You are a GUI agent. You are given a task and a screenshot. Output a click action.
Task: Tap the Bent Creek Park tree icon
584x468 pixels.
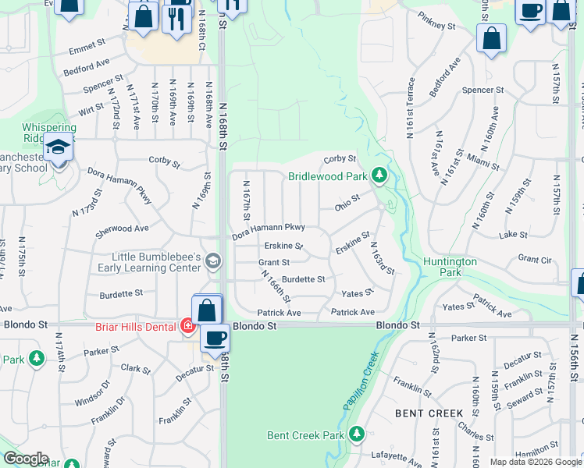[357, 433]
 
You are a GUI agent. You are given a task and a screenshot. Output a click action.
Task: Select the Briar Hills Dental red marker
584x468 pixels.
[187, 325]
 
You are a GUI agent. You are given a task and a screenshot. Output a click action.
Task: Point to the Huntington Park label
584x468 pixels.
[450, 268]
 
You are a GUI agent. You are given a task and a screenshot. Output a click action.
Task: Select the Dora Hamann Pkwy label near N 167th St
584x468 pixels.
[269, 227]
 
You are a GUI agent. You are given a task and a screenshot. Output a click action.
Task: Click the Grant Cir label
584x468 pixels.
[534, 258]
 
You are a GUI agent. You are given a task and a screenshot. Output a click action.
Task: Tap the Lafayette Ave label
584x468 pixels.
[397, 456]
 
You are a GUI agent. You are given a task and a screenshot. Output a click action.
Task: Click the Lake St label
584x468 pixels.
[511, 234]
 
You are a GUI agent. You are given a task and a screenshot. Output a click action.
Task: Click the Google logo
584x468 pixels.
[26, 459]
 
